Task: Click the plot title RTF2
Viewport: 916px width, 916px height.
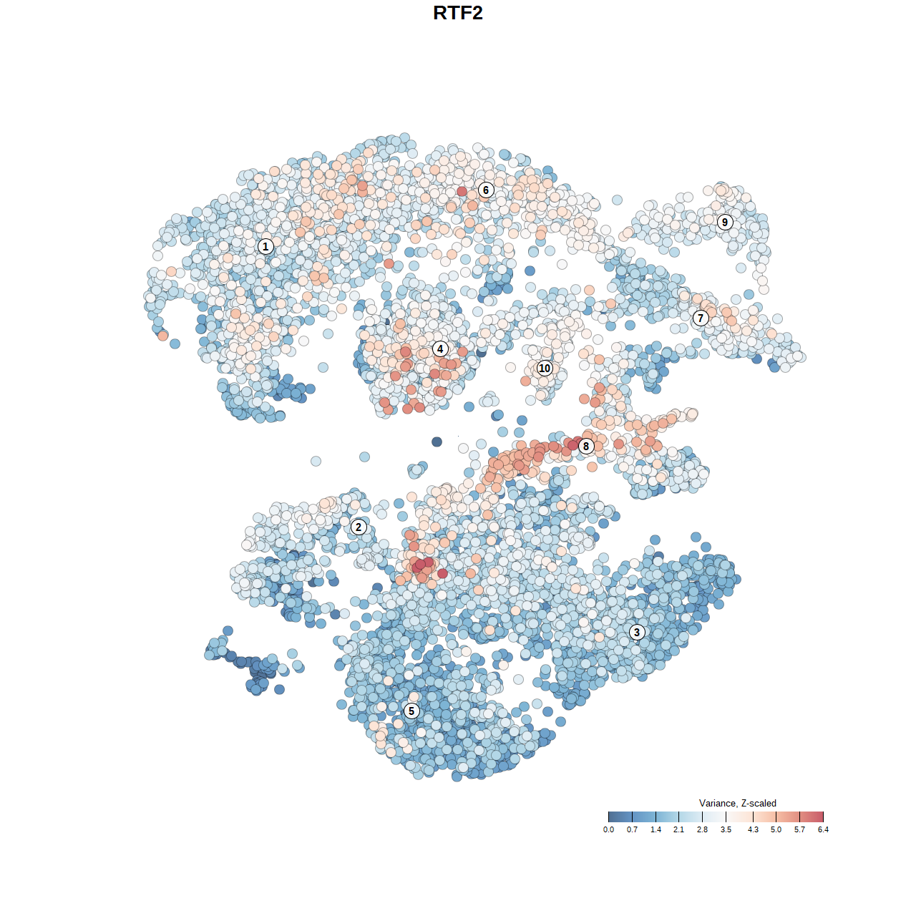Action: [x=458, y=13]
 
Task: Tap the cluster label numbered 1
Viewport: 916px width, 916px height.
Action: [x=265, y=246]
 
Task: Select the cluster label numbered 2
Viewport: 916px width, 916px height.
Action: [x=359, y=527]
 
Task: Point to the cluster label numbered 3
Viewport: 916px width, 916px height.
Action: [x=637, y=632]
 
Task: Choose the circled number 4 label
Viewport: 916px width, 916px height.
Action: [x=440, y=349]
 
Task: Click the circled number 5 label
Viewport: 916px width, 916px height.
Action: [x=411, y=711]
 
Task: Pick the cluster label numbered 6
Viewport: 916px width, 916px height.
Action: [x=486, y=190]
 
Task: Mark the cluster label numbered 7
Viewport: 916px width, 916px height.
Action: [x=701, y=318]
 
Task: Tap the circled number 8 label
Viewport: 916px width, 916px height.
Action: [x=586, y=446]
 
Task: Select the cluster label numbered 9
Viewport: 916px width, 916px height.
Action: [x=725, y=222]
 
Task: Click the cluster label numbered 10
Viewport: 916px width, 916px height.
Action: [x=545, y=368]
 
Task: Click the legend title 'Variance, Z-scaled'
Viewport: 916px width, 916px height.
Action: [x=737, y=803]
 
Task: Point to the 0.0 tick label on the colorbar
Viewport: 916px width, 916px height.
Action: [x=608, y=829]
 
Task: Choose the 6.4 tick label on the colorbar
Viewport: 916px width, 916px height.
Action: [x=823, y=829]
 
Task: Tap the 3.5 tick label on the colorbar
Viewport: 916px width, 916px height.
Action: [x=726, y=829]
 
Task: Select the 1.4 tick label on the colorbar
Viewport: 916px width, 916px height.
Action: [x=656, y=829]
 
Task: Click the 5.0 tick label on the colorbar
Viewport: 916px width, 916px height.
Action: [x=776, y=829]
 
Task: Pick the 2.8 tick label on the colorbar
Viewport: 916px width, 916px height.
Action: [x=702, y=829]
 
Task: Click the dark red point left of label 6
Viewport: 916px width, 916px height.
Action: [x=462, y=191]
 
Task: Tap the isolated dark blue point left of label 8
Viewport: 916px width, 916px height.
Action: [x=437, y=442]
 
